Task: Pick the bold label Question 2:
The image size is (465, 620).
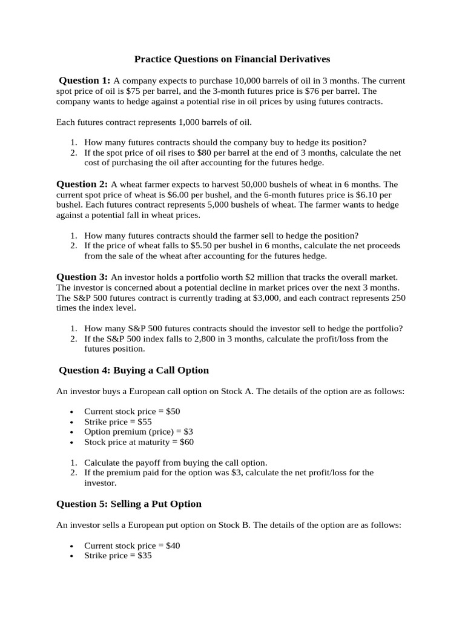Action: (82, 183)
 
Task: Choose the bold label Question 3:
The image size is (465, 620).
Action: (82, 276)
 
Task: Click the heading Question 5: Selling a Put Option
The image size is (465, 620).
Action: (129, 504)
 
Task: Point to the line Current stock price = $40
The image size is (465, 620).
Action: (132, 546)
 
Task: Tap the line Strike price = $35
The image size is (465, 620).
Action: (117, 555)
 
